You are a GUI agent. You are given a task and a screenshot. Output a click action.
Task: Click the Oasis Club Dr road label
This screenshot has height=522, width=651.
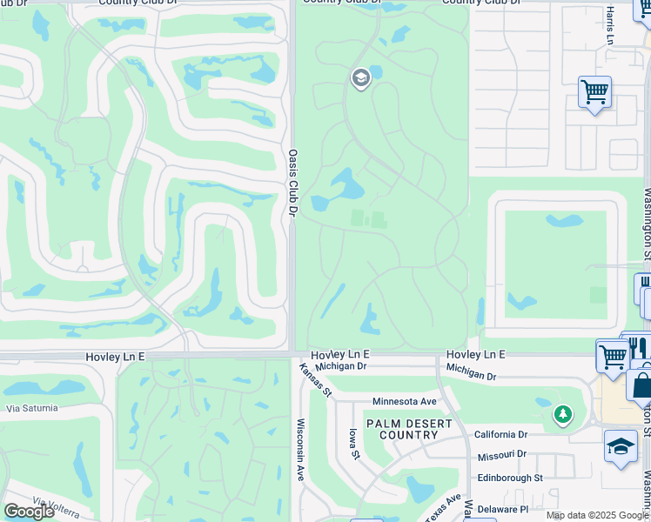292,180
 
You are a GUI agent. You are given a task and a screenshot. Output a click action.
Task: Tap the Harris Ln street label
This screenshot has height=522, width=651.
610,26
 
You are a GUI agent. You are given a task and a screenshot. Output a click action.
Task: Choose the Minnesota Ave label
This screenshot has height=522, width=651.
404,401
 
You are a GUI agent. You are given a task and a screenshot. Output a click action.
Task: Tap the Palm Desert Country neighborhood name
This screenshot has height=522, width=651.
409,429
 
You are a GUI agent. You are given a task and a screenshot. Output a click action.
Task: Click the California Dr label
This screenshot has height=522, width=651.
500,434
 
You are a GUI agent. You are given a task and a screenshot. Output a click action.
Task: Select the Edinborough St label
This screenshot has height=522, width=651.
509,478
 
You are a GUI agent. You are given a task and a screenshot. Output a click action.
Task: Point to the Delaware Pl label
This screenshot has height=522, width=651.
502,509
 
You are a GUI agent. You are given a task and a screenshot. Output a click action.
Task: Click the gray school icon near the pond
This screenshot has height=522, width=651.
360,79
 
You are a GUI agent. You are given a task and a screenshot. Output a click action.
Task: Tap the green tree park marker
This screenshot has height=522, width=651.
563,414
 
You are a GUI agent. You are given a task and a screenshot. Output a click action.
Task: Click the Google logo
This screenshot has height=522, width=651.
29,512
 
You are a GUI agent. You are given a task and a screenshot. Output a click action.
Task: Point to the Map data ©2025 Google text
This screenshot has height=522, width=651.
597,516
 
